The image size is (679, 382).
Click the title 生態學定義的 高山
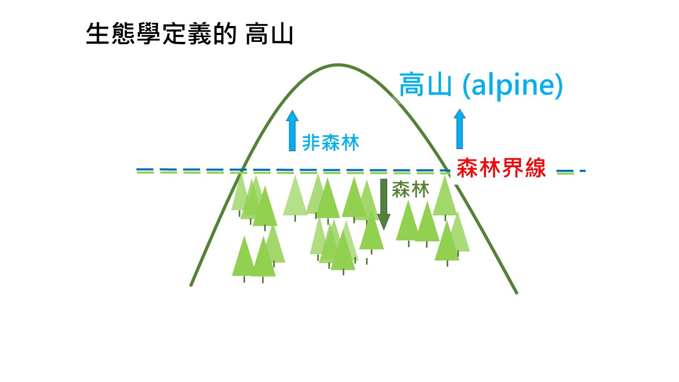[190, 33]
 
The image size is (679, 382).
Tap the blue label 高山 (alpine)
[481, 85]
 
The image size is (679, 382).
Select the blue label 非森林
[330, 143]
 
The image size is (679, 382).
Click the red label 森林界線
[501, 168]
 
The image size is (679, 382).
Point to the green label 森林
[411, 189]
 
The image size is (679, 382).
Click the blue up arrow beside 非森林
[292, 131]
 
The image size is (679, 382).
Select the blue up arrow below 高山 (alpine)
[459, 129]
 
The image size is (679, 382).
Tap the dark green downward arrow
[384, 204]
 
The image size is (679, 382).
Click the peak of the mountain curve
[338, 64]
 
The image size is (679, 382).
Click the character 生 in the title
[98, 33]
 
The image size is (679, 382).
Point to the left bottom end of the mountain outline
[191, 285]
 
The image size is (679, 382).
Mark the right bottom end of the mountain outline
[517, 293]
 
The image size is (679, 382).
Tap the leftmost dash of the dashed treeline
[145, 171]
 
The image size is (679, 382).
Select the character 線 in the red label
[536, 168]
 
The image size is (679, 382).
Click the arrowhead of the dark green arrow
[384, 222]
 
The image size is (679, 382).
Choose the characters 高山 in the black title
[269, 34]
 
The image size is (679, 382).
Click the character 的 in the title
[224, 33]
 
